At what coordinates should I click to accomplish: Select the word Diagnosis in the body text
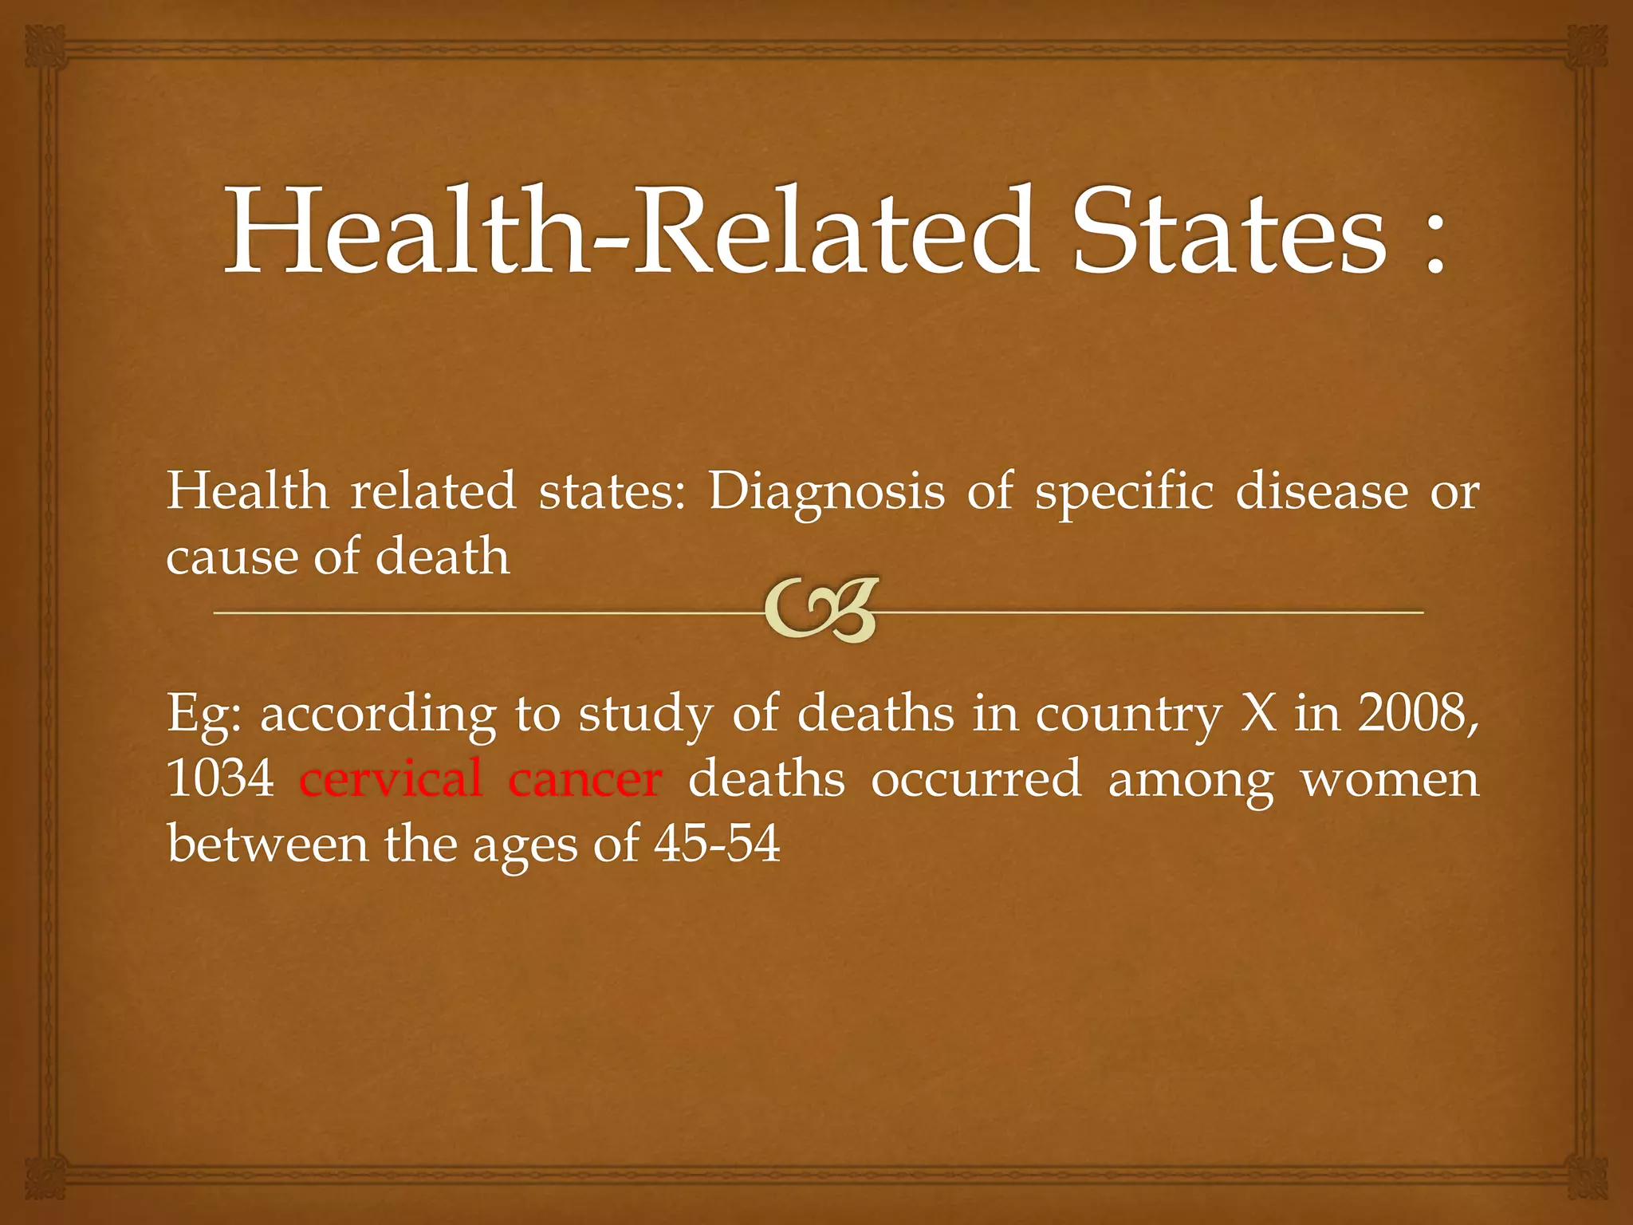click(826, 493)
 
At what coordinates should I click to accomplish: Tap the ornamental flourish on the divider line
click(820, 610)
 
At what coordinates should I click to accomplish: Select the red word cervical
click(391, 778)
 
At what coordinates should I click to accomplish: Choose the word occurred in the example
click(976, 778)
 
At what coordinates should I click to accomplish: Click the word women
click(1390, 780)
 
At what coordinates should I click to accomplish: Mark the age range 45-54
click(717, 844)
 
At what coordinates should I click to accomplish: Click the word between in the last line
click(268, 844)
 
